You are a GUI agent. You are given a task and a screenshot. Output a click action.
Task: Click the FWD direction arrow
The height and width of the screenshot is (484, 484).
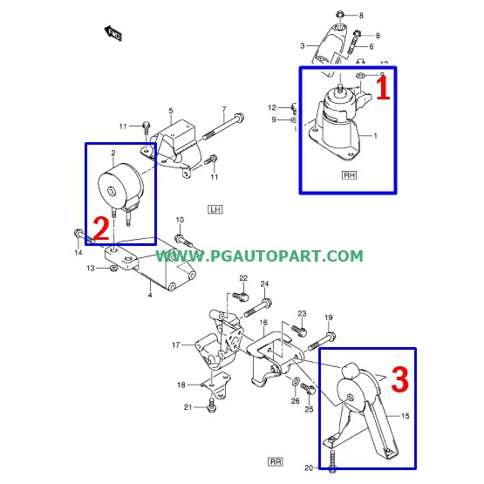pos(113,33)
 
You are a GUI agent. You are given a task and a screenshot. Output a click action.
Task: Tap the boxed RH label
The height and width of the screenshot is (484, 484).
pos(349,175)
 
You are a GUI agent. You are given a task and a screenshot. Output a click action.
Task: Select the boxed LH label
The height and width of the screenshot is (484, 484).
pos(215,209)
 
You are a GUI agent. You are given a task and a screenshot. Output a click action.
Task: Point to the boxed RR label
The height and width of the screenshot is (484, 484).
pos(276,462)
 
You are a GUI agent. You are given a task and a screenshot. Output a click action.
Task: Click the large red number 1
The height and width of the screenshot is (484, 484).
pos(383,88)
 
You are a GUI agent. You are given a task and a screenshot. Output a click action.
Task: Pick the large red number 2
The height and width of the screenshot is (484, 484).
pos(100,228)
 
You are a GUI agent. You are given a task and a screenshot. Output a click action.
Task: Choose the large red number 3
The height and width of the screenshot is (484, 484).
pos(400,378)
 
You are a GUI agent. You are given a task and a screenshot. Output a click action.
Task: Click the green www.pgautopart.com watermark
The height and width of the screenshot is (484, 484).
pos(259,256)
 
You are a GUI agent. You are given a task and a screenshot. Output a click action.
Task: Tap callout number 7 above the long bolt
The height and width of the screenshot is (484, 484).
pos(224,109)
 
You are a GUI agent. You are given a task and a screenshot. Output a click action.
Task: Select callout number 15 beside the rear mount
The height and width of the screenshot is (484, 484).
pos(405,416)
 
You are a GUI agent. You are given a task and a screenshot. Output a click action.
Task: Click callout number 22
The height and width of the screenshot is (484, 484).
pos(243,278)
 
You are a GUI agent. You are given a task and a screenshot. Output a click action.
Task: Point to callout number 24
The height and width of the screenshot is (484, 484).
pos(264,283)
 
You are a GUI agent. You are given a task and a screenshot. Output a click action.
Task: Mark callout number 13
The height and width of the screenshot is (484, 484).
pos(90,269)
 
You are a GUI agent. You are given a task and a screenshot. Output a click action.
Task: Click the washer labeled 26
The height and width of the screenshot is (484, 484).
pos(295,383)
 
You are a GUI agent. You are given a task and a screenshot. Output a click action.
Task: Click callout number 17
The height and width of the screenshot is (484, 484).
pos(175,344)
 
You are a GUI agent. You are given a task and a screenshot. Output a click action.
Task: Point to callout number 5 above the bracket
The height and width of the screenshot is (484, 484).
pos(171,111)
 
